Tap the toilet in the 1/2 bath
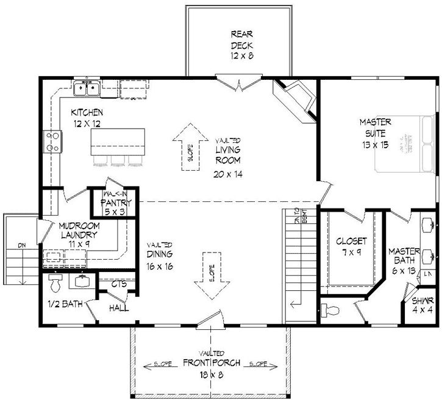click(x=54, y=284)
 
